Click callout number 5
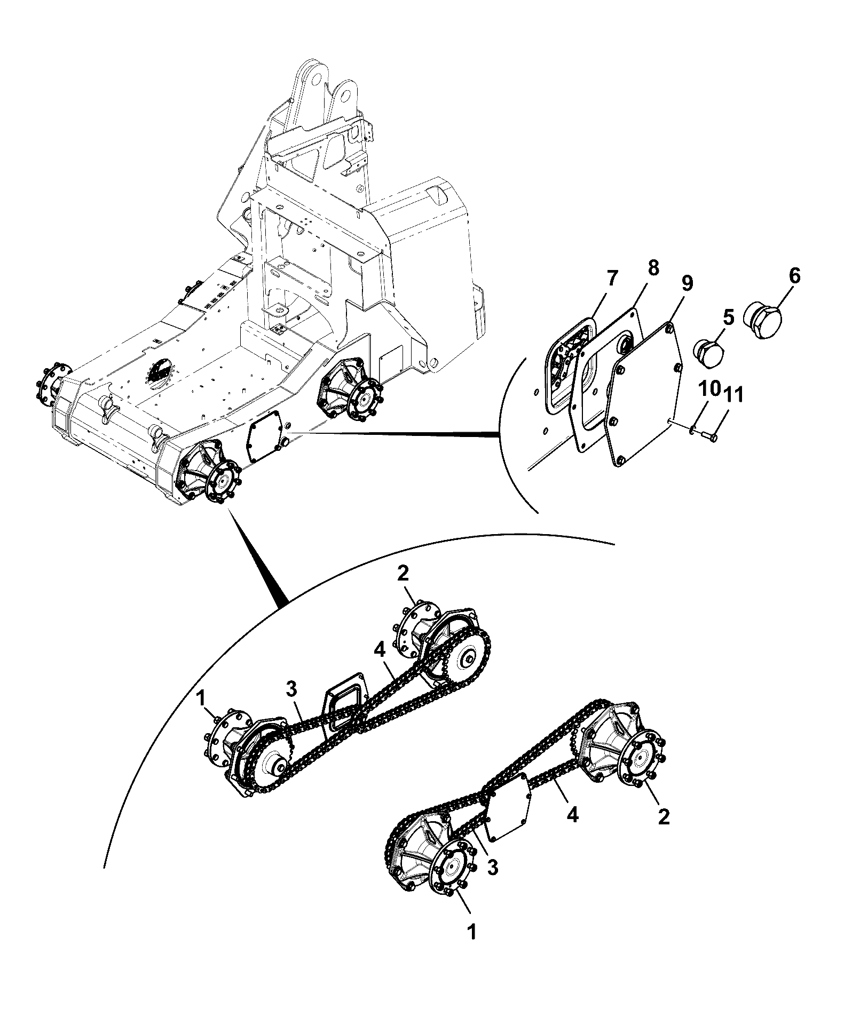pos(729,319)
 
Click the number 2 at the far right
pos(664,831)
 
